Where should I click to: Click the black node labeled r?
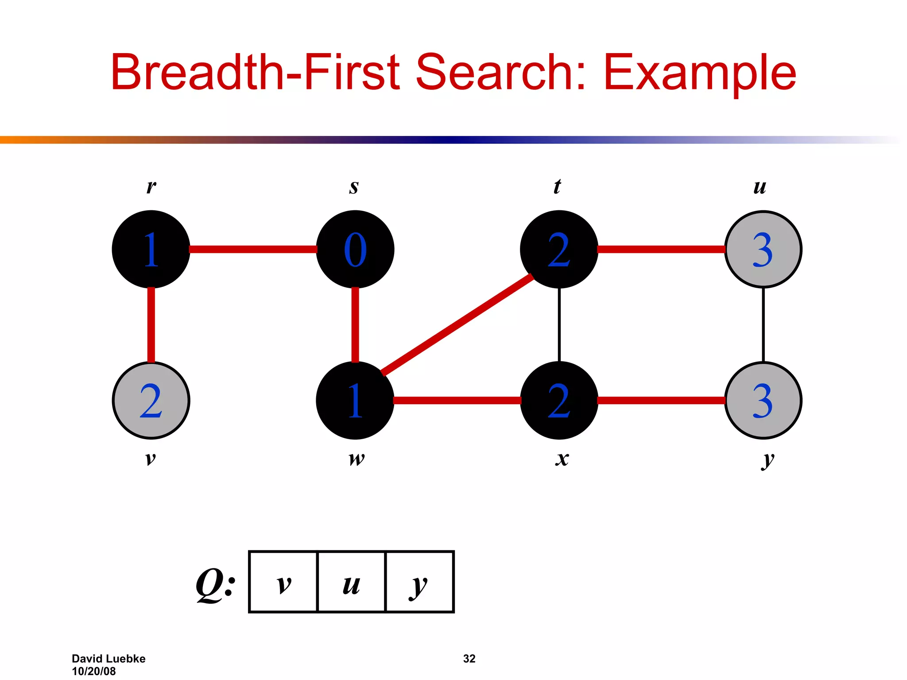point(151,249)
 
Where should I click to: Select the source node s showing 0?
point(355,249)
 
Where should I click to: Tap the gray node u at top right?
point(763,249)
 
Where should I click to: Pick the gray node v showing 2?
point(151,400)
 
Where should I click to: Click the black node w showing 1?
point(355,400)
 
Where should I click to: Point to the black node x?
point(559,400)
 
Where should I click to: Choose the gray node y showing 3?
point(763,400)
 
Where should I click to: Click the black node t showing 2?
point(559,249)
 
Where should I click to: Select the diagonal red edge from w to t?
point(457,325)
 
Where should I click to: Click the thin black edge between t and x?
point(559,325)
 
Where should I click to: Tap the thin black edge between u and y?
point(763,325)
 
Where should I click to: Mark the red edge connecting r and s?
point(253,249)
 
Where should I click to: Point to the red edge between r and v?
point(151,325)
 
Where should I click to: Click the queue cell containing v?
point(283,582)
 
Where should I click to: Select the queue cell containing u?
point(352,582)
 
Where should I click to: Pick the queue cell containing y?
point(420,582)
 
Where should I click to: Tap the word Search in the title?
point(501,72)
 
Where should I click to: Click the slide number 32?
point(469,658)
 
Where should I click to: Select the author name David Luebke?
point(109,658)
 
